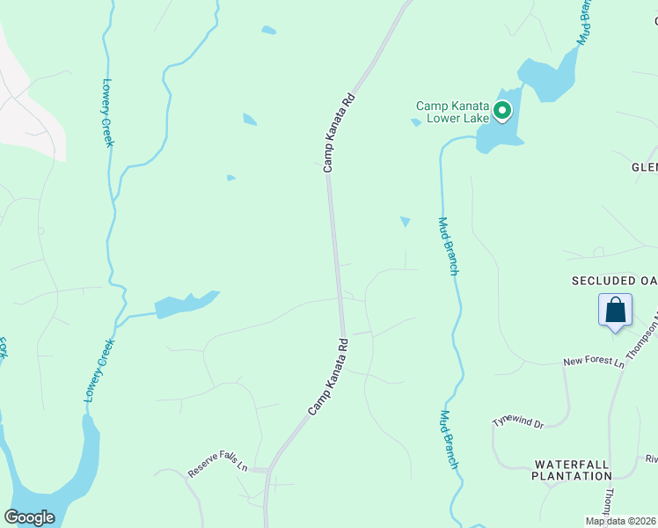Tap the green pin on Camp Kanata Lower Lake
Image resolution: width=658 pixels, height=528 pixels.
coord(502,111)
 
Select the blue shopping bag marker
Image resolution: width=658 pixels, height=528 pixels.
coord(615,311)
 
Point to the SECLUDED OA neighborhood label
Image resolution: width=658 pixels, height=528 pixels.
coord(614,281)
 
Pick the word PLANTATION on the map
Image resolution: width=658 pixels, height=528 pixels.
coord(571,476)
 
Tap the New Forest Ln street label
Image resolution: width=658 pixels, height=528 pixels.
coord(593,362)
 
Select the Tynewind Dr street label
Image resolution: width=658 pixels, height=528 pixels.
coord(519,422)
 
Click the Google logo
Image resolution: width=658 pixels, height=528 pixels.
coord(29,517)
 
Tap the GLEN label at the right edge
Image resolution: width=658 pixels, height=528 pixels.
coord(644,167)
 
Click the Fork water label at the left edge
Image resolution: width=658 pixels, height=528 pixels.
coord(4,346)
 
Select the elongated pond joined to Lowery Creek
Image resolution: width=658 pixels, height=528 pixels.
coord(186,304)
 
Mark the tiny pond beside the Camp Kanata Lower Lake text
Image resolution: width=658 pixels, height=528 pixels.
coord(415,122)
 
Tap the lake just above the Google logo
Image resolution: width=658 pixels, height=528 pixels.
coord(53,480)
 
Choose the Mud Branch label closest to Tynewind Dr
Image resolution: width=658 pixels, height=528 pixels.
coord(449,440)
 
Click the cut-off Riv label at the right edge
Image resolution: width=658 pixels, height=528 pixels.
coord(651,458)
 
